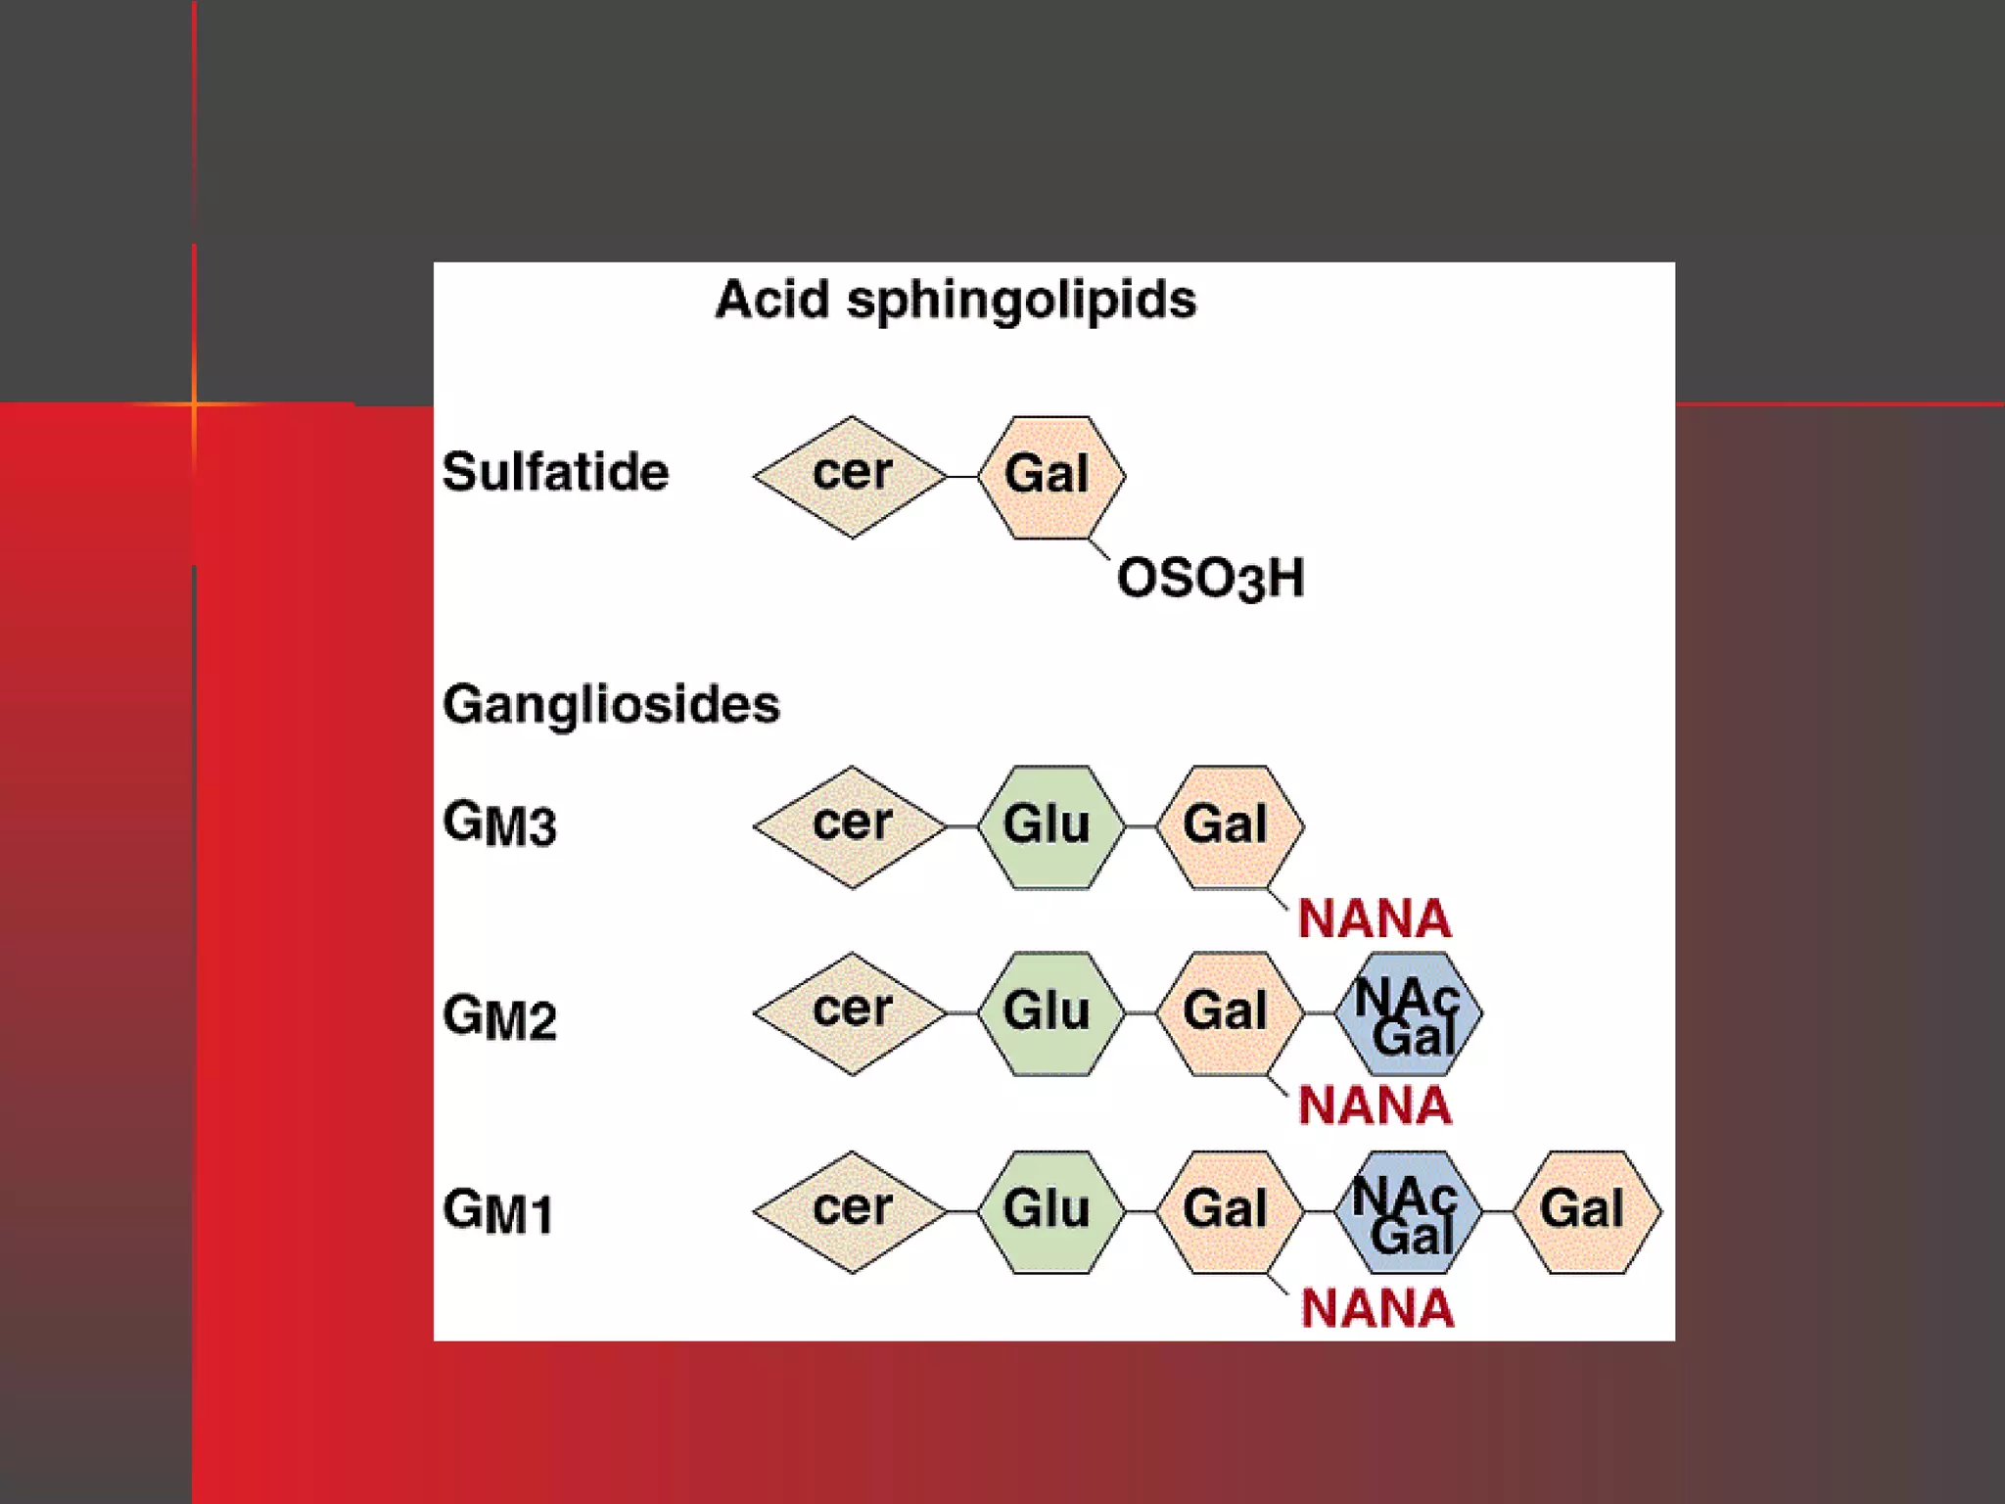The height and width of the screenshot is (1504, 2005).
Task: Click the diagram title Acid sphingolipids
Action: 956,300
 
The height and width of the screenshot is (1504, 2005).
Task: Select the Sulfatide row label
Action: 555,472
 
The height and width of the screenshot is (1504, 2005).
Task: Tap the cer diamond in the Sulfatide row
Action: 851,477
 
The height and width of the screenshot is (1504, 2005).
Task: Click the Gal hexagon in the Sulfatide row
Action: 1050,477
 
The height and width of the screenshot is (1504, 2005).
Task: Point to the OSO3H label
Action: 1211,578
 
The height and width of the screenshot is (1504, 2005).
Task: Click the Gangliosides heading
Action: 611,704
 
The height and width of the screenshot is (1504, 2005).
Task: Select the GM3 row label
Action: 499,823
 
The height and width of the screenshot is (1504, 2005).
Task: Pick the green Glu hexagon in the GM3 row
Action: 1049,826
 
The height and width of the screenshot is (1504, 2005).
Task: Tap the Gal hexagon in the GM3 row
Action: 1229,826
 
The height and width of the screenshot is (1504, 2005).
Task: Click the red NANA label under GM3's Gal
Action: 1375,918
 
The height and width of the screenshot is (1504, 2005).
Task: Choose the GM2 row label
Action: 499,1017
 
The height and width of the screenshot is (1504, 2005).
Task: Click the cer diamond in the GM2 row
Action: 851,1013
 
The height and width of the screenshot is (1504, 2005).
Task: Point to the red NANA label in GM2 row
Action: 1375,1105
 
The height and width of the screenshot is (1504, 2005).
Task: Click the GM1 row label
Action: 497,1212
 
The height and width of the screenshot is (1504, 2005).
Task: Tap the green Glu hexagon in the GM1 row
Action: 1049,1212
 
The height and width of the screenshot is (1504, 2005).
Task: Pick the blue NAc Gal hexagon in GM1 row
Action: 1407,1212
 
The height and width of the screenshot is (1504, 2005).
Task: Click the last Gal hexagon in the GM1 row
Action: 1586,1212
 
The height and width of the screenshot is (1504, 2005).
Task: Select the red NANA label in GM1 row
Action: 1376,1308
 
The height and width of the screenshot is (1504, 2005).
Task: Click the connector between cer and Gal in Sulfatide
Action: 963,477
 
